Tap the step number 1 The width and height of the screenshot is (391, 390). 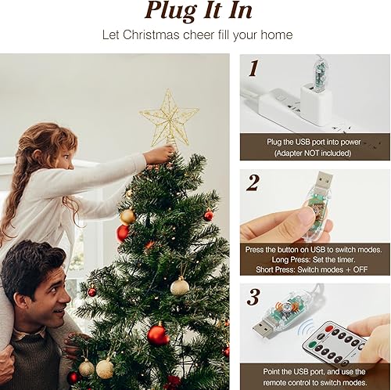click(253, 68)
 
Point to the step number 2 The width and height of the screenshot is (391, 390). click(253, 182)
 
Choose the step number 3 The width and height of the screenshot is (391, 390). click(253, 298)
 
